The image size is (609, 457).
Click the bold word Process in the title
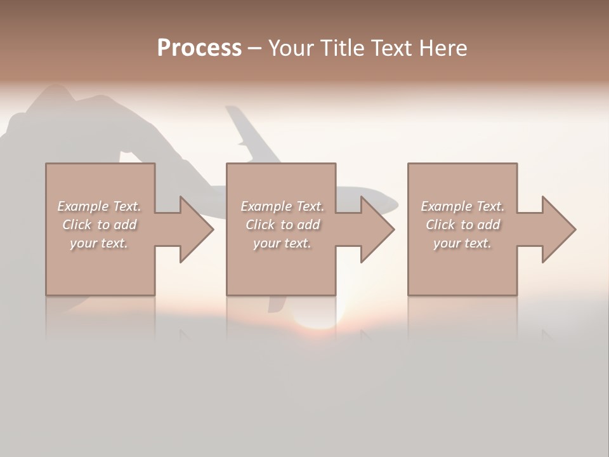click(199, 48)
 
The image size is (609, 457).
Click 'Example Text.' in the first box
click(99, 206)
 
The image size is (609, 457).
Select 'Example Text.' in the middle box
click(282, 206)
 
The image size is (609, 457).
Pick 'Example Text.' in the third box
click(462, 206)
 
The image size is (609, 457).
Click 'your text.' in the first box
click(99, 243)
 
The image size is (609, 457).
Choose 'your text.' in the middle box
click(282, 243)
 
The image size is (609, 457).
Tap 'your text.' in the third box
click(462, 243)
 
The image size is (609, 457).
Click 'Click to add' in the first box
click(99, 225)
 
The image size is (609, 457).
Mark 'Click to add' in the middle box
click(282, 225)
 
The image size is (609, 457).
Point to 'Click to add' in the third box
click(462, 225)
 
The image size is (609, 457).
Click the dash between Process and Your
click(255, 49)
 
